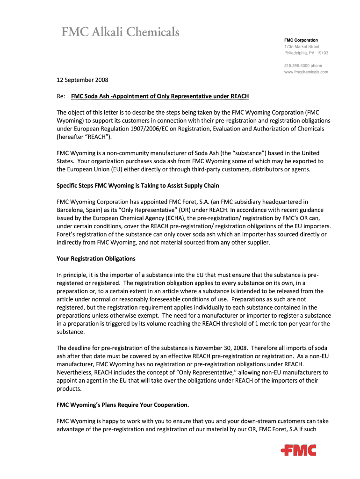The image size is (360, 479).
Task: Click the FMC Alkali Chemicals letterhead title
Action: [x=121, y=32]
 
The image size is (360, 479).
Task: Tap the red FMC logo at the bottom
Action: [x=298, y=450]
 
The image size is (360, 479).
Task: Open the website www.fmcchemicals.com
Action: [x=306, y=72]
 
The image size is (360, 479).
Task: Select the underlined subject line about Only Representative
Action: [x=160, y=96]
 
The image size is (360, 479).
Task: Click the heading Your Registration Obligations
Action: [x=96, y=258]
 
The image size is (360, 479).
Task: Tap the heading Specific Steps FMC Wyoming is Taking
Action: [x=137, y=186]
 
